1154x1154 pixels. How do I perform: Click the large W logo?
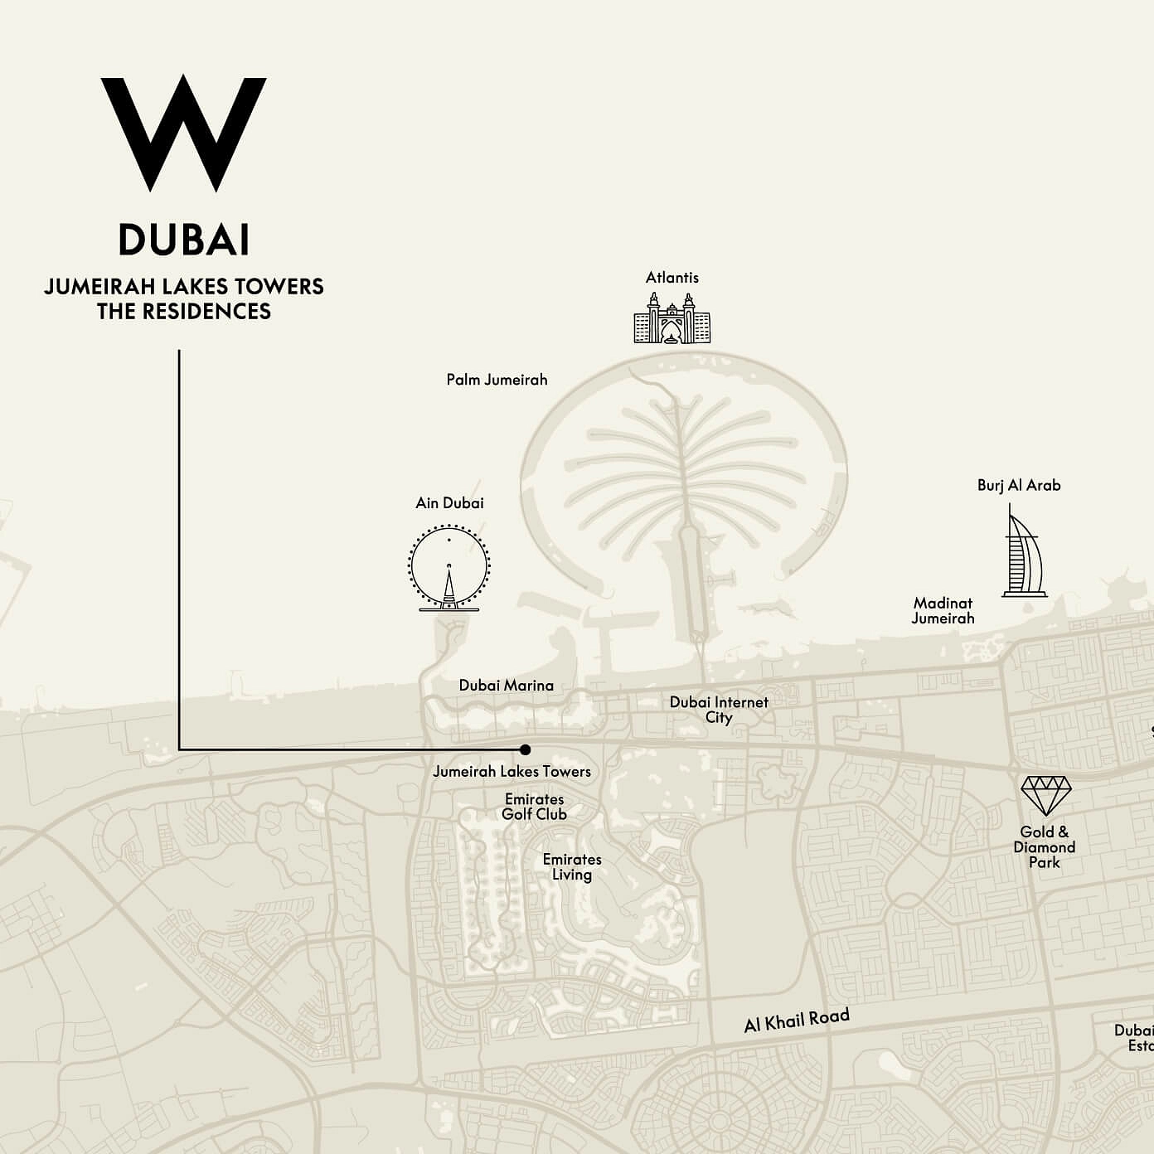183,133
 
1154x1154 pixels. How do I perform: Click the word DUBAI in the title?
183,240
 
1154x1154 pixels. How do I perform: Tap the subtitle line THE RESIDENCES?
183,311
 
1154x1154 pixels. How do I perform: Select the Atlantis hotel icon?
672,319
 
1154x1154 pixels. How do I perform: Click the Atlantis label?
672,278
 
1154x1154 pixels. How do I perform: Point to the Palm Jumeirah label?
497,380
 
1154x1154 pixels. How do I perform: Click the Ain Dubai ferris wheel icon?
449,568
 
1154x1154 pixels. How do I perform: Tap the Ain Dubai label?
449,503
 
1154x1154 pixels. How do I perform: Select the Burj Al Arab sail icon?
1025,551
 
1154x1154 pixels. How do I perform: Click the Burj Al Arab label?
1018,486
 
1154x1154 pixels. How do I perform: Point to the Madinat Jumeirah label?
943,611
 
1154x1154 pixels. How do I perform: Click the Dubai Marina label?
506,686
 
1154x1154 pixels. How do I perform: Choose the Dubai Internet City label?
719,710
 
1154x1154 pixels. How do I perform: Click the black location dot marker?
525,749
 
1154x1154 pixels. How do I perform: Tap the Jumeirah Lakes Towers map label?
512,772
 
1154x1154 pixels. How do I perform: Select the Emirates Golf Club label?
534,807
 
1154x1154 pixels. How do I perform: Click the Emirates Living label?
571,867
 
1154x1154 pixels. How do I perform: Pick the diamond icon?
1045,795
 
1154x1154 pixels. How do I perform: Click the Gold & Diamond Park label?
1044,846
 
